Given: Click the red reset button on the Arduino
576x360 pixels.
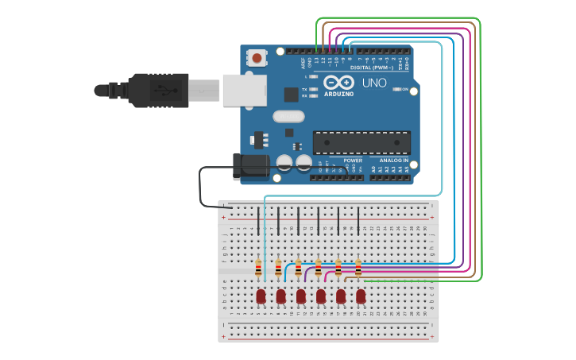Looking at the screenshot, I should pos(257,57).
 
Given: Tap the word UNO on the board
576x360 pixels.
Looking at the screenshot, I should pos(374,83).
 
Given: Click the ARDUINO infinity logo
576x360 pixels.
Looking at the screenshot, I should pos(338,83).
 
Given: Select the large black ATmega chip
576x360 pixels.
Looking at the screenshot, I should pos(361,142).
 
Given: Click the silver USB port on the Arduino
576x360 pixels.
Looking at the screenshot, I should pos(245,90).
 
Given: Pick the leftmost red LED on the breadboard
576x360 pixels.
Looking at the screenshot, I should pos(261,296).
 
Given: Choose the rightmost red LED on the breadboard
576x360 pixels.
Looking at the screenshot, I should pos(361,296).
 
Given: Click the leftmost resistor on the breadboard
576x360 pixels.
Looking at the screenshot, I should pos(259,269).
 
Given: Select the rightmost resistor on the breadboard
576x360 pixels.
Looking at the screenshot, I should pos(358,269).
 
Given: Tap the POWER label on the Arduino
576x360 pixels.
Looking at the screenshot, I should pos(353,160).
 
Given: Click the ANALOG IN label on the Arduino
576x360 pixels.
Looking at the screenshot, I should pos(393,160).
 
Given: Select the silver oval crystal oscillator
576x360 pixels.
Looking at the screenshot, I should pos(288,116).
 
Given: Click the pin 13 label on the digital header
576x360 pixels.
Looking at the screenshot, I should pos(315,60).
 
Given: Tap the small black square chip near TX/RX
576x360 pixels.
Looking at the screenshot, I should pos(292,94).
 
